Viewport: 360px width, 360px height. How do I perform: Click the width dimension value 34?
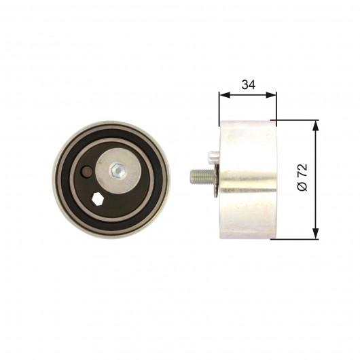pos(248,85)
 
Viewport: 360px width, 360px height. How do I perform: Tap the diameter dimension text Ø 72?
pos(302,177)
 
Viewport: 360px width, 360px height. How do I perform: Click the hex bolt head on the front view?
pos(118,170)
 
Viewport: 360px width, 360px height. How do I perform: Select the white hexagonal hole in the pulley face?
pos(97,199)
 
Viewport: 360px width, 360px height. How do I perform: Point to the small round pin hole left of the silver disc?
pos(86,172)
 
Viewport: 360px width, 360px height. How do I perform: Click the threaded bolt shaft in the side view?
pos(202,177)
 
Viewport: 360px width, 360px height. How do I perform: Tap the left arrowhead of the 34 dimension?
pos(225,95)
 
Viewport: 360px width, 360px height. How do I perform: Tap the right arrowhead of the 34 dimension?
pos(271,95)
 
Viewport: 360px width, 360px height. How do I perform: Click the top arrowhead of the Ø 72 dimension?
pos(316,126)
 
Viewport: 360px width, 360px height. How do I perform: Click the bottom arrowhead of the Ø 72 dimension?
pos(316,234)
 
